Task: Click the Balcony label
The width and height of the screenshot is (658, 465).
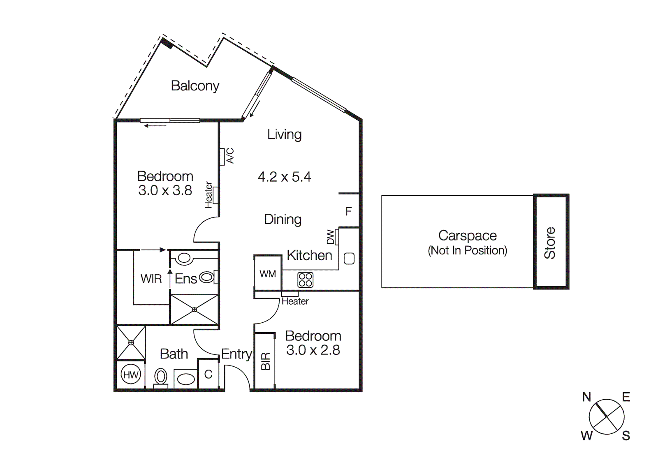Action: click(195, 86)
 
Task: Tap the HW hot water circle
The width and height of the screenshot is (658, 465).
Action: click(131, 375)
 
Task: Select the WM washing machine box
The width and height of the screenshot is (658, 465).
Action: click(268, 274)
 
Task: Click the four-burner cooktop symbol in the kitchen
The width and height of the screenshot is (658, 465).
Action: click(305, 280)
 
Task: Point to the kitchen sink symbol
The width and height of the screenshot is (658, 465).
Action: click(349, 259)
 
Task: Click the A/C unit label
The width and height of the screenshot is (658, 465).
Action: click(230, 156)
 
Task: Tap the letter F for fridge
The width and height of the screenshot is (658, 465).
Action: click(348, 211)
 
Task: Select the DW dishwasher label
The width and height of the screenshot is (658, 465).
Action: click(331, 237)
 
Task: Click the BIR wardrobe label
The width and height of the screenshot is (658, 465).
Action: click(266, 361)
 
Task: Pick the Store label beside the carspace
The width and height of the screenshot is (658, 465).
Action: click(550, 243)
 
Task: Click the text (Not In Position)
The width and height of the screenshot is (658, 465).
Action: click(467, 250)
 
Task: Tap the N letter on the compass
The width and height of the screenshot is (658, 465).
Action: click(586, 397)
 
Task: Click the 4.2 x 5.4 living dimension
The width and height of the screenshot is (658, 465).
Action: click(284, 177)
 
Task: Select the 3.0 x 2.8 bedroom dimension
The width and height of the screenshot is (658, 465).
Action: click(313, 350)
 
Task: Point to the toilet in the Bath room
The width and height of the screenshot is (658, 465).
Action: click(161, 377)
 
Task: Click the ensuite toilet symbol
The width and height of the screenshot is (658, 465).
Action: click(207, 277)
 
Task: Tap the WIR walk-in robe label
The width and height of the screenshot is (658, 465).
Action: click(151, 279)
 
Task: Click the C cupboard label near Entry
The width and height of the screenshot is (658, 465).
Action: click(208, 374)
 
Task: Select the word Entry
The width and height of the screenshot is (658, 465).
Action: click(236, 354)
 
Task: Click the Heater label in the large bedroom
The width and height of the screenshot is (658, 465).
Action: click(209, 195)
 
